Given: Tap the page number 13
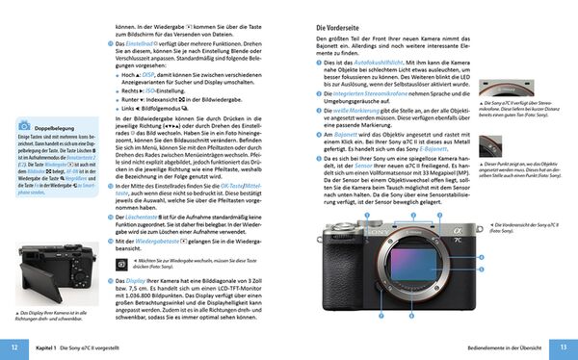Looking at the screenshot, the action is pyautogui.click(x=564, y=347).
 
